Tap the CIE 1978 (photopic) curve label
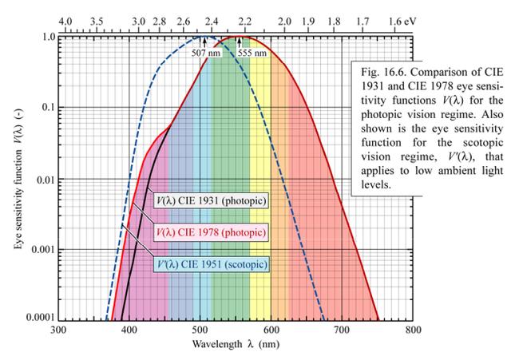point(208,232)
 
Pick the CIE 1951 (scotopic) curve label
point(211,263)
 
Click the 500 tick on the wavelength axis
point(200,328)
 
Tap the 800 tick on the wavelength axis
point(412,328)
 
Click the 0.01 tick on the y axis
point(44,178)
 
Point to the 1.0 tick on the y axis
point(46,37)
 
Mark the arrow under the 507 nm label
point(204,42)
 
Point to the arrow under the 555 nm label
point(238,42)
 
